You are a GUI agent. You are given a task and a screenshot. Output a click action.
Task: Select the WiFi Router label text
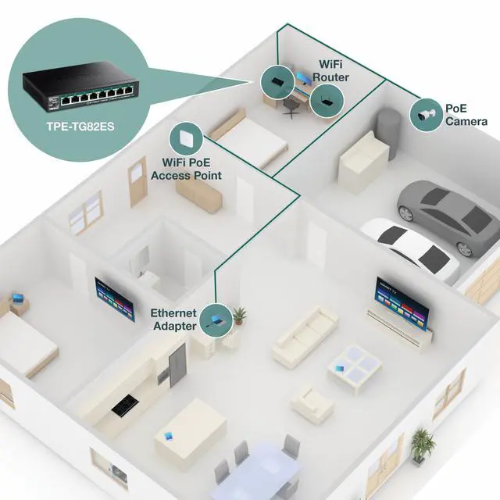click(x=332, y=71)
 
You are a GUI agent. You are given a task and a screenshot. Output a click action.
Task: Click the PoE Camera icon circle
click(x=425, y=114)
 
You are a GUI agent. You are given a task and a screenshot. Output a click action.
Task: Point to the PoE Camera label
click(x=466, y=116)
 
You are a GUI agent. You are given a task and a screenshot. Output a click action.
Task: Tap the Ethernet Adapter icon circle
click(x=215, y=320)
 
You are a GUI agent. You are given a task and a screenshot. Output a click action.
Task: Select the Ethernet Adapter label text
click(x=173, y=320)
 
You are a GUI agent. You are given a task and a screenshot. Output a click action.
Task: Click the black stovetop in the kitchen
click(x=126, y=406)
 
